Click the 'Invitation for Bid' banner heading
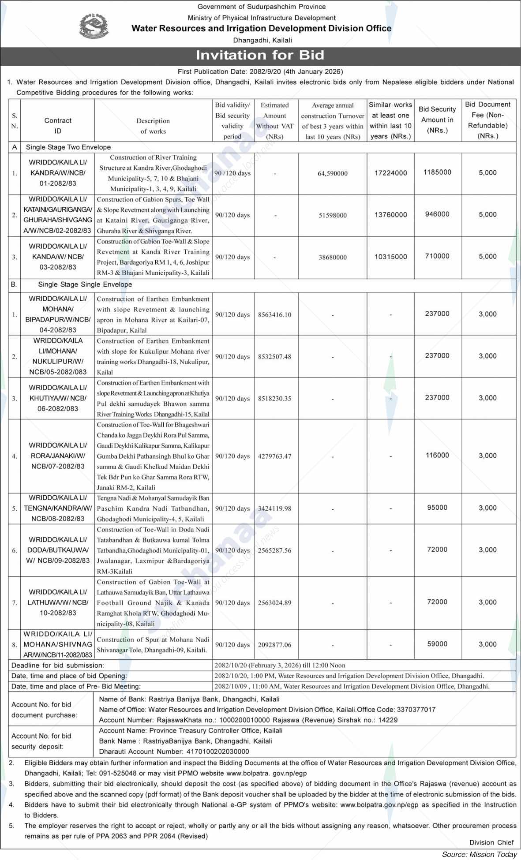point(260,55)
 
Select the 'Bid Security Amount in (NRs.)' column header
point(437,120)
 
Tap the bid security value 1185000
point(437,172)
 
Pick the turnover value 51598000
point(333,215)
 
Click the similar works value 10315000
point(390,257)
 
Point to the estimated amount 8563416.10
point(274,314)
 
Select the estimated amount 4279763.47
point(274,456)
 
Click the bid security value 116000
point(437,456)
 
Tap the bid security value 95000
point(437,508)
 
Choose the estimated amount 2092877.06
point(274,645)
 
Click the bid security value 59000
point(437,644)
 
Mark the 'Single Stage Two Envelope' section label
point(68,147)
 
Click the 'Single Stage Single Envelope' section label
point(85,284)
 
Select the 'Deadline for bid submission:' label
point(58,665)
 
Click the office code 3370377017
point(416,710)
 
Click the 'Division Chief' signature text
point(491,842)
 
